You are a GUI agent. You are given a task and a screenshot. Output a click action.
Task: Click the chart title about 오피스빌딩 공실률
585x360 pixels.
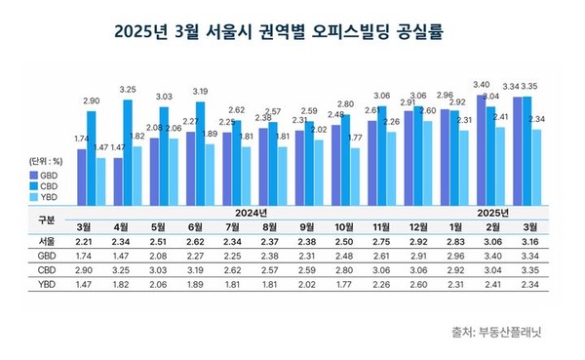click(292, 31)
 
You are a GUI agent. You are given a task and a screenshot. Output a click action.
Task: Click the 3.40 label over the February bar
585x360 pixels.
click(481, 85)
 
